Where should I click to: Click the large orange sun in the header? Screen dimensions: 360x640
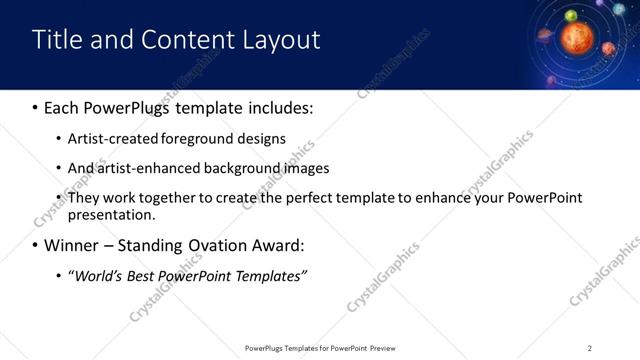pyautogui.click(x=577, y=39)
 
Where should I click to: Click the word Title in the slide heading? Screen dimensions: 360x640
pyautogui.click(x=57, y=40)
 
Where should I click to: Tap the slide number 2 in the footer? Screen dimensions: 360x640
pyautogui.click(x=590, y=348)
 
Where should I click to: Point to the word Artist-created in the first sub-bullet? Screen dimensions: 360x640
pyautogui.click(x=110, y=139)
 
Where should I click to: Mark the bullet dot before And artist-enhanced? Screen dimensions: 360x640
pyautogui.click(x=59, y=169)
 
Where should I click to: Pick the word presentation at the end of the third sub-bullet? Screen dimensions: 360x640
pyautogui.click(x=112, y=215)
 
